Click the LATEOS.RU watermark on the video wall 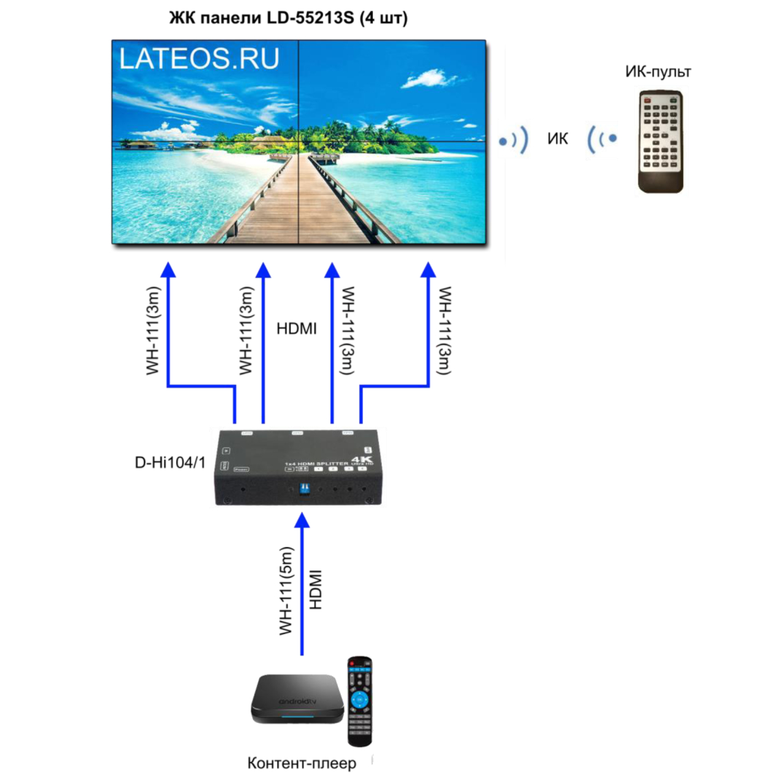click(199, 58)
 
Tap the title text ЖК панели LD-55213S click(288, 17)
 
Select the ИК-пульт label click(658, 71)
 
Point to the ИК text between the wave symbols click(557, 139)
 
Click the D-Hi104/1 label click(170, 463)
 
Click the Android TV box click(297, 699)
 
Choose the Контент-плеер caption click(302, 763)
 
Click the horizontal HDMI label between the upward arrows click(297, 329)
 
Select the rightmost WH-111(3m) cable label click(445, 330)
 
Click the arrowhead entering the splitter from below click(302, 520)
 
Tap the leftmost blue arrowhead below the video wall click(168, 269)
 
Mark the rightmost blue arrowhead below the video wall click(428, 269)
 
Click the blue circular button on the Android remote click(359, 699)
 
